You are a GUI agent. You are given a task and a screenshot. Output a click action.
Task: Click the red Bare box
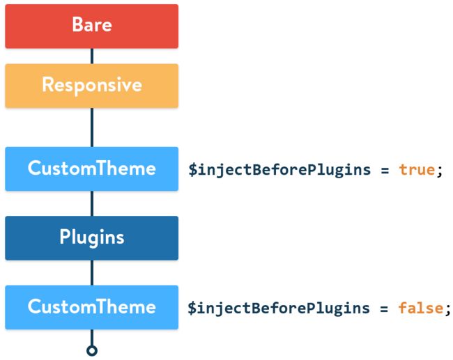(x=91, y=26)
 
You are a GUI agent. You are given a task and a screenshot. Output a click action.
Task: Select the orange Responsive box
(x=91, y=86)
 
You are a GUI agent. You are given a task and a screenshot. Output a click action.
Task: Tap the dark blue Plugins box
(x=91, y=238)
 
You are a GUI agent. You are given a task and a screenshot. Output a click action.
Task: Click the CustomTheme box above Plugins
(x=91, y=169)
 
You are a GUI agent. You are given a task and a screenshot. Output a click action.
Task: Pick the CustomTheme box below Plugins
(x=91, y=307)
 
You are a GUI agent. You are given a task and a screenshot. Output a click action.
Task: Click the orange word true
(x=417, y=170)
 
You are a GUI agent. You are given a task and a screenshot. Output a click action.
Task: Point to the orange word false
(x=421, y=308)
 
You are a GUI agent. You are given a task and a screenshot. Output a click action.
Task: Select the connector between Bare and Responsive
(x=92, y=56)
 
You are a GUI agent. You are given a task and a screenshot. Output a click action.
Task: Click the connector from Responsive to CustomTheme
(x=92, y=127)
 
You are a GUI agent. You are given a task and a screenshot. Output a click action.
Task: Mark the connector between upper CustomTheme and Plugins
(x=92, y=203)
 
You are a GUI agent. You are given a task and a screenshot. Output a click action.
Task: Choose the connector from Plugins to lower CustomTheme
(x=92, y=273)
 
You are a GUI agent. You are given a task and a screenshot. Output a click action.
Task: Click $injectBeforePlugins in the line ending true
(x=279, y=170)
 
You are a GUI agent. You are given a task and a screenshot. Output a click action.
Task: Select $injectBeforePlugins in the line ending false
(x=279, y=308)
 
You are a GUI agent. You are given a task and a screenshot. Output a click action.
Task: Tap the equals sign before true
(x=385, y=171)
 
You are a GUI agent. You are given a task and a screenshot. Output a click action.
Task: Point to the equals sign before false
(x=384, y=309)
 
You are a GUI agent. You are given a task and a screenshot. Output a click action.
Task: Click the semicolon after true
(x=440, y=171)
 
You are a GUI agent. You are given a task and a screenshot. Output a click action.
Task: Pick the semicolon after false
(x=447, y=309)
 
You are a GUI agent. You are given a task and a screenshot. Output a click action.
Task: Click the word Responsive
(x=92, y=85)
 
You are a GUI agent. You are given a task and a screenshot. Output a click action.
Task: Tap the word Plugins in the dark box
(x=92, y=237)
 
